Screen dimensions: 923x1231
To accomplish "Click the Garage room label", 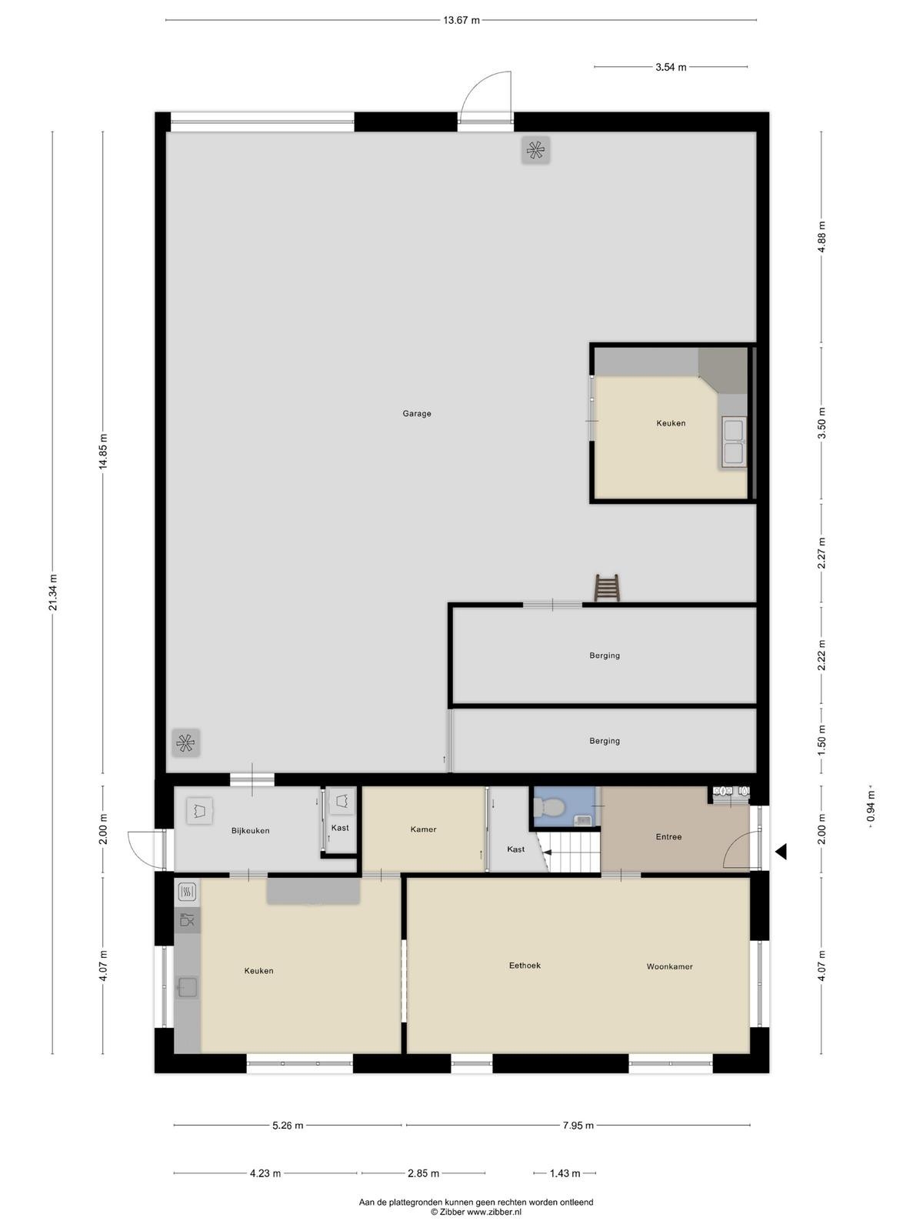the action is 416,413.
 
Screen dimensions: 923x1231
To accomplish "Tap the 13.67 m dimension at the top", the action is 461,21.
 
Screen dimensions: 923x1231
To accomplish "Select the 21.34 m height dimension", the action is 52,592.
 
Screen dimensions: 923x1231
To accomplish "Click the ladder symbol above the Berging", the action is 606,587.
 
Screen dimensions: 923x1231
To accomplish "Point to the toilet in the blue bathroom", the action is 549,807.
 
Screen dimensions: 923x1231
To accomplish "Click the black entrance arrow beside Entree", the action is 781,852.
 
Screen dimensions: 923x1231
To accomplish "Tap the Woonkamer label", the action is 669,966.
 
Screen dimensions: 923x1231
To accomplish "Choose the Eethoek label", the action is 525,965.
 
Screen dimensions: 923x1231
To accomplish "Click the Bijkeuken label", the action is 251,831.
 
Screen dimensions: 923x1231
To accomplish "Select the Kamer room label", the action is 423,829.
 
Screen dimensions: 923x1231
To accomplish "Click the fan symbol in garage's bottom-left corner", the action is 186,743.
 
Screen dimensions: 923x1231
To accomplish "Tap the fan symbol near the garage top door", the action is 535,150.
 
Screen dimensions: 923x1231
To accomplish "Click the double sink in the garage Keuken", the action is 734,442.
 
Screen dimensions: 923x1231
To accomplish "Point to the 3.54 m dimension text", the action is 671,67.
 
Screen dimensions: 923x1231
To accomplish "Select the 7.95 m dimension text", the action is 578,1125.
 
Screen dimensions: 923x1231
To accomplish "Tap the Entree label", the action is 668,837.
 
